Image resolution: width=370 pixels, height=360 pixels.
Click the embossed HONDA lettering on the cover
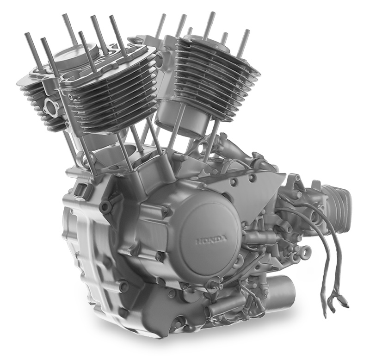(x=212, y=240)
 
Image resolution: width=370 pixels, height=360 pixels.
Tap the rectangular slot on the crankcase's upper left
(x=80, y=189)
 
